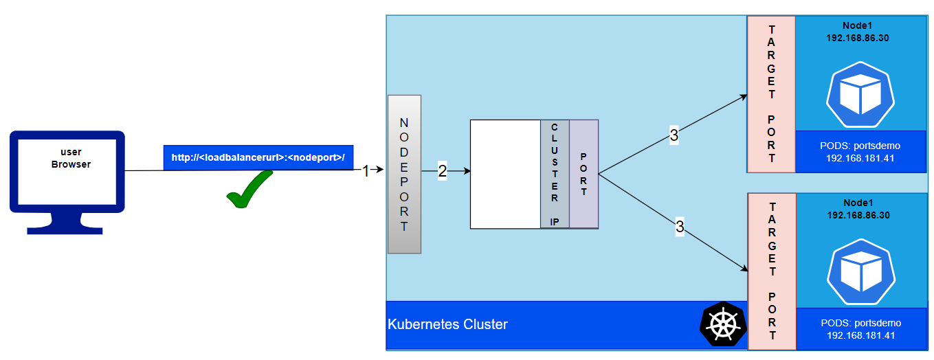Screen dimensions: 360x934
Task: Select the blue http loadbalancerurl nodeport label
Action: (x=258, y=157)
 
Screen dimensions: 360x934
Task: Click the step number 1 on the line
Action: (x=366, y=171)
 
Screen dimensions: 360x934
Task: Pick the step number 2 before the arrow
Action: (x=442, y=172)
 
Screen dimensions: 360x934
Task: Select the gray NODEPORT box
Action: (x=404, y=175)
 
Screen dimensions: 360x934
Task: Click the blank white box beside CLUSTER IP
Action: (x=505, y=174)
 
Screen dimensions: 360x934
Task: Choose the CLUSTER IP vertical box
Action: (x=555, y=174)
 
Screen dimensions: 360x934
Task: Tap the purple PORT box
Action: (x=583, y=174)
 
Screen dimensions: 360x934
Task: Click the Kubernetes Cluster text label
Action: (x=447, y=324)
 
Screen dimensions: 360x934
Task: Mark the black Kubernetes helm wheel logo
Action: (x=723, y=324)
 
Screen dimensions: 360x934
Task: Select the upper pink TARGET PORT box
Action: (x=771, y=94)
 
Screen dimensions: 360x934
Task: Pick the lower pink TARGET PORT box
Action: (x=772, y=271)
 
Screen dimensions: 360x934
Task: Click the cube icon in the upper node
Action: (x=860, y=95)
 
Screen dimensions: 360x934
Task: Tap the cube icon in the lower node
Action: (x=860, y=271)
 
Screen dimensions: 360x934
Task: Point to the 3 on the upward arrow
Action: (x=674, y=136)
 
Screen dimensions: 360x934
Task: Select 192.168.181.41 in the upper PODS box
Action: (x=860, y=159)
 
